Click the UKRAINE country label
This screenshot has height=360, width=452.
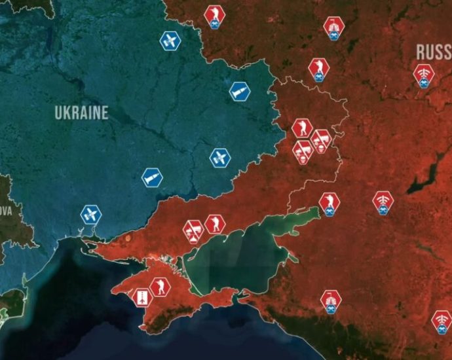[81, 113]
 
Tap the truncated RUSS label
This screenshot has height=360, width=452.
[434, 52]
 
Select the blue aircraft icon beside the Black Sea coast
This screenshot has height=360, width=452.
[90, 214]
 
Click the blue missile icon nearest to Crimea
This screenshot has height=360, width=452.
[152, 177]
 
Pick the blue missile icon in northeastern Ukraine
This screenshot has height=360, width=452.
[239, 91]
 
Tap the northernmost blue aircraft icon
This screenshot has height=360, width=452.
[170, 41]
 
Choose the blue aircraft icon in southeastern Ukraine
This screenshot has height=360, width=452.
[219, 158]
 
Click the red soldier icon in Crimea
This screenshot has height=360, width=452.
[159, 286]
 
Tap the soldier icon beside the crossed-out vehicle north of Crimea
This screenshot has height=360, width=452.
[214, 225]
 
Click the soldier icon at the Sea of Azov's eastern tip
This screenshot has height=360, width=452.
[329, 202]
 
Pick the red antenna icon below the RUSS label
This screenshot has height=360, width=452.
[423, 75]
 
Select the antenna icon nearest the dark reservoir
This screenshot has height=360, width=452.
[383, 201]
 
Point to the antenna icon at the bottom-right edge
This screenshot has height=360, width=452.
[442, 321]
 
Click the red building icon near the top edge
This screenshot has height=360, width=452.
[333, 27]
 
